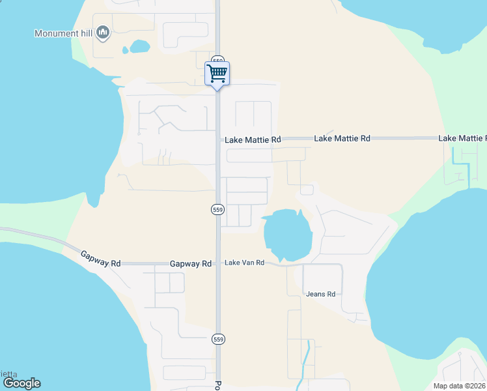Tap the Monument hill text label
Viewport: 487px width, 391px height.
(x=64, y=33)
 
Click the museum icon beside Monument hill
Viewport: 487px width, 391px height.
(x=103, y=32)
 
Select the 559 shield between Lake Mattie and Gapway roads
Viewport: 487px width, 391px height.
(x=217, y=209)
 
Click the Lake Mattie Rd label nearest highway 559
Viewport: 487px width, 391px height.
(x=253, y=139)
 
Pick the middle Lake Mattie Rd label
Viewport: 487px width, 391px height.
(x=342, y=139)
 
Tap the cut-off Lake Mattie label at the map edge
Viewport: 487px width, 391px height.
(x=462, y=138)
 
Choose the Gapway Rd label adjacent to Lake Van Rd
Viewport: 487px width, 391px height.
(x=191, y=264)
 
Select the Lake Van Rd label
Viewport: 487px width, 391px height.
(x=244, y=263)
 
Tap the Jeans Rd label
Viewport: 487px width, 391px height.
(x=321, y=294)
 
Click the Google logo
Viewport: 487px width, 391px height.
(x=21, y=383)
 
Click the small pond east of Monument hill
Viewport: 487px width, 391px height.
(x=139, y=46)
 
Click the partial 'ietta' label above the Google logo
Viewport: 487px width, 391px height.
(x=8, y=373)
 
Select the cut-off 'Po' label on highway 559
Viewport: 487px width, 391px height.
(x=218, y=385)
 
